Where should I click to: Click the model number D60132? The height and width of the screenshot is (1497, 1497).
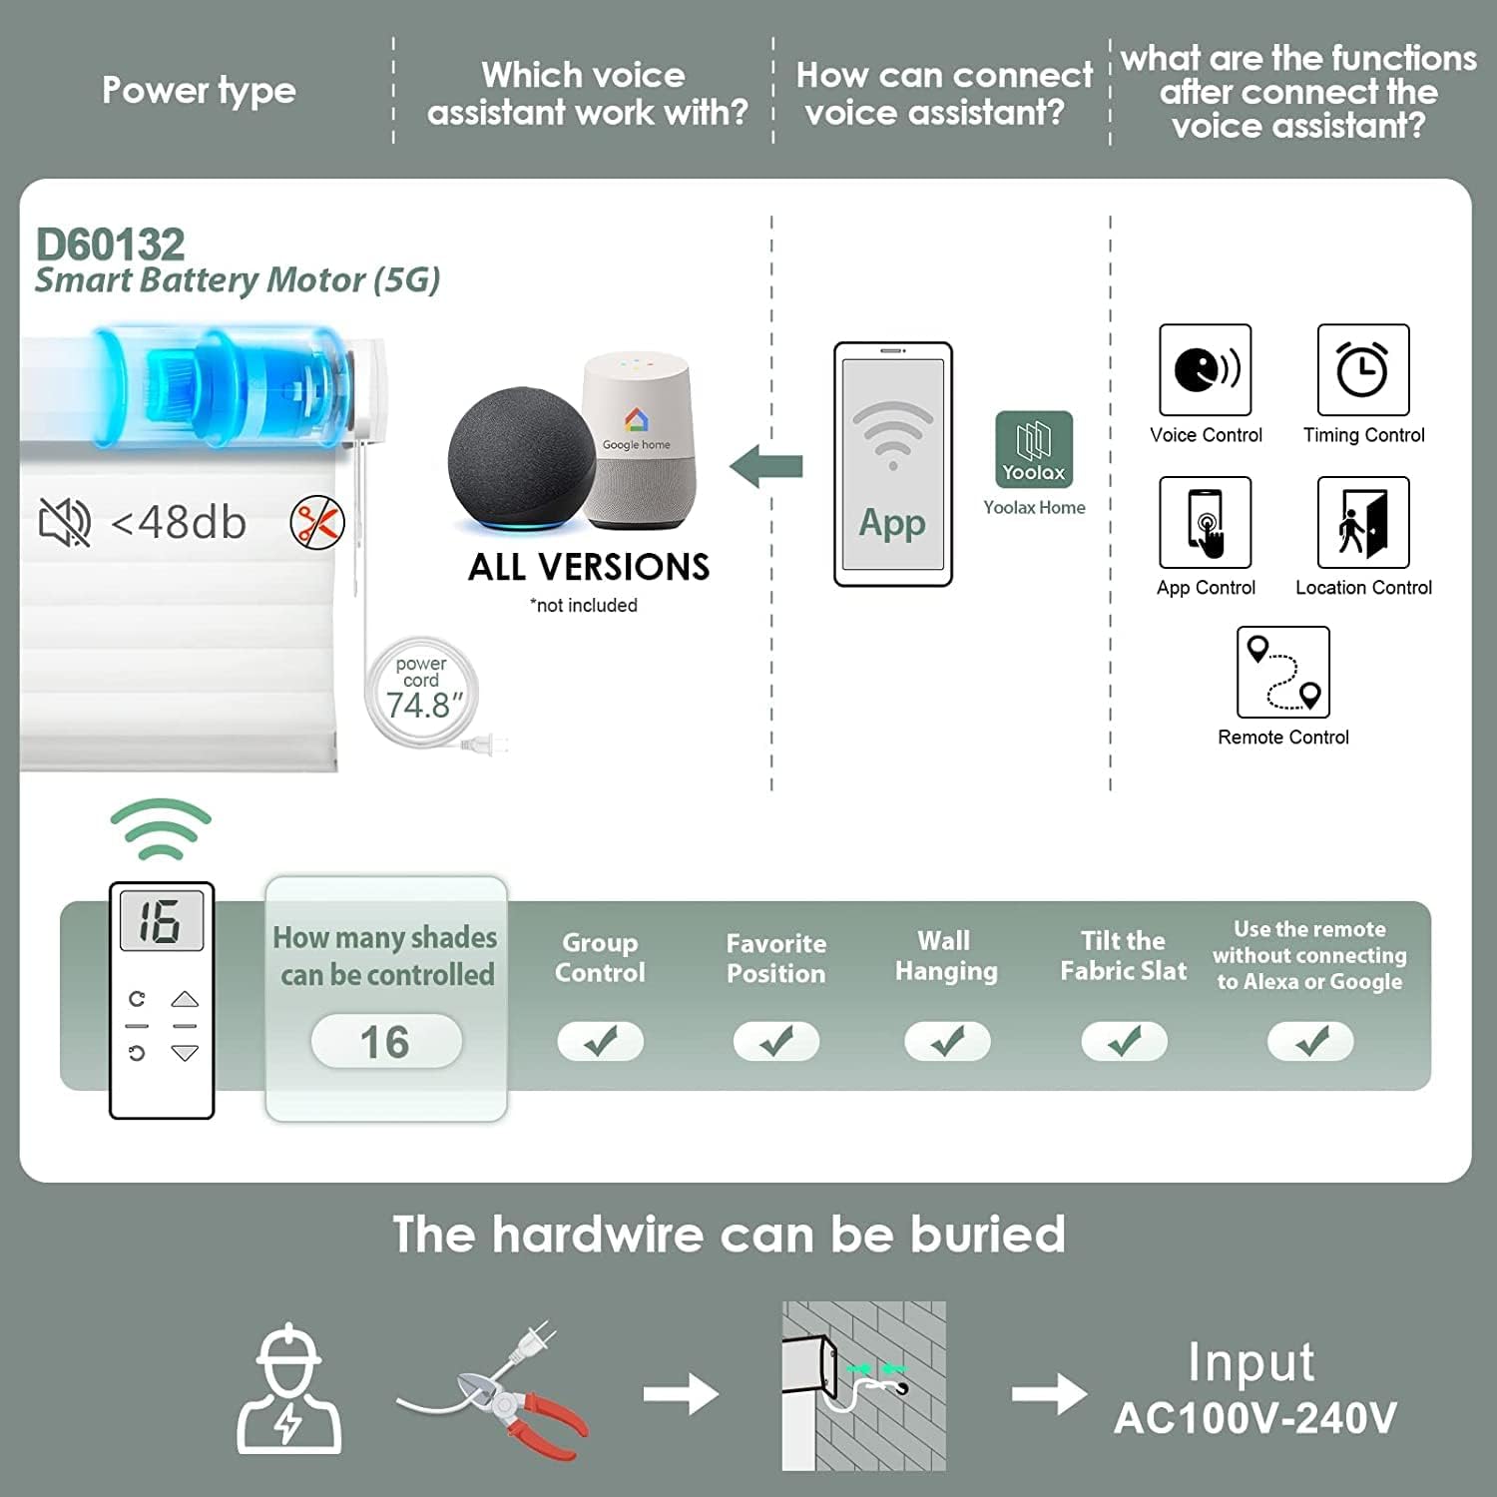click(111, 245)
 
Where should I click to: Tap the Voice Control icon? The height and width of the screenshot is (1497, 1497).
click(1206, 369)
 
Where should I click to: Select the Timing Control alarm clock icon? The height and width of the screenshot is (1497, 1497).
click(1363, 369)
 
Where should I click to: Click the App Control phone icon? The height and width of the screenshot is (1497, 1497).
click(1206, 522)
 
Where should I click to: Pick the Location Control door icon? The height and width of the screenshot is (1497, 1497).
click(1363, 522)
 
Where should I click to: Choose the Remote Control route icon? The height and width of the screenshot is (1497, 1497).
click(1283, 672)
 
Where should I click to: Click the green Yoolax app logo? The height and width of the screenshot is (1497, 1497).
click(1034, 449)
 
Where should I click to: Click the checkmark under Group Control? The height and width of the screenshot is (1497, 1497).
click(601, 1042)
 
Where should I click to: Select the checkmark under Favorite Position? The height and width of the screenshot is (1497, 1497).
click(776, 1042)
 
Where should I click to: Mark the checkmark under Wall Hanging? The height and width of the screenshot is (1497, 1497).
click(947, 1042)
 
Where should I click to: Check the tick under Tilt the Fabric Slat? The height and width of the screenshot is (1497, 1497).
click(1125, 1042)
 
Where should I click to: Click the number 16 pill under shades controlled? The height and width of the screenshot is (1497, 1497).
click(386, 1042)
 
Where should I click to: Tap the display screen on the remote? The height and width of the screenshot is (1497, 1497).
click(162, 920)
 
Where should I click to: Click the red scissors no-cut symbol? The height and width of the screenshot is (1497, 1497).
click(317, 522)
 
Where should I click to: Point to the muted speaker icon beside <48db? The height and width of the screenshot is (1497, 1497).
click(65, 522)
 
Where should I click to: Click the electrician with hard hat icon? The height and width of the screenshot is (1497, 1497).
click(288, 1389)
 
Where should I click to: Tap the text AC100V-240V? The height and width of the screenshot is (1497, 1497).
click(1255, 1418)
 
